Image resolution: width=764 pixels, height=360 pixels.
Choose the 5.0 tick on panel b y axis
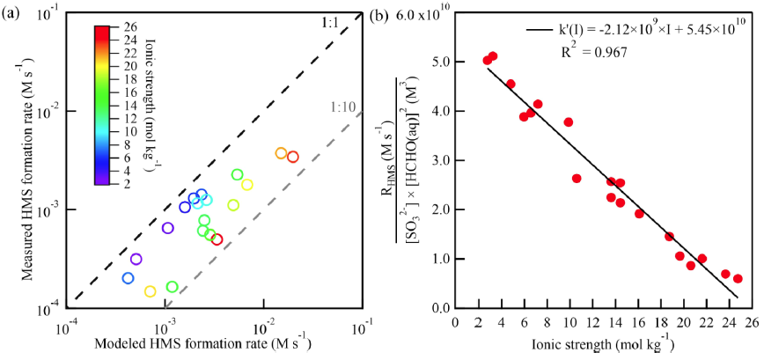pyautogui.click(x=440, y=63)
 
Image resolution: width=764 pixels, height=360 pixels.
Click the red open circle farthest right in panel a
pyautogui.click(x=293, y=157)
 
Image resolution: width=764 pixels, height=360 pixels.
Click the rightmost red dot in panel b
pyautogui.click(x=738, y=278)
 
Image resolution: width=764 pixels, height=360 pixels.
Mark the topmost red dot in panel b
pyautogui.click(x=493, y=56)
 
